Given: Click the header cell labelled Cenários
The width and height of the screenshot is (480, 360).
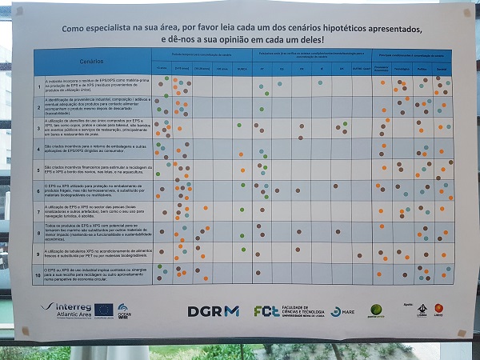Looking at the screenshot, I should click(92, 62).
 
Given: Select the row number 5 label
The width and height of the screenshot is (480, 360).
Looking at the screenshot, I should click(38, 170).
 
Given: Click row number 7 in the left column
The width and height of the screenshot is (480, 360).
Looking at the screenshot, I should click(38, 211).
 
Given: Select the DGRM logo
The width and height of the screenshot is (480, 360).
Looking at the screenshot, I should click(214, 311).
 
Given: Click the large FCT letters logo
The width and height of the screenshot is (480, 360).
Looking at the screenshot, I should click(266, 311).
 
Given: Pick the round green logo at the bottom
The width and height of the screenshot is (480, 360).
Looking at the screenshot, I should click(377, 310).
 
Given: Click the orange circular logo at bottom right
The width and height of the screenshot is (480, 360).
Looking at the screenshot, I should click(439, 308).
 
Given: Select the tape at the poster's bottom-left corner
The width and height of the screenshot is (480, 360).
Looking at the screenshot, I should click(25, 330).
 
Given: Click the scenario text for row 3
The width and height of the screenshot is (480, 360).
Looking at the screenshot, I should click(96, 128).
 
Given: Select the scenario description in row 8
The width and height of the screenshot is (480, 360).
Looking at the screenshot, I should click(96, 233).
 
